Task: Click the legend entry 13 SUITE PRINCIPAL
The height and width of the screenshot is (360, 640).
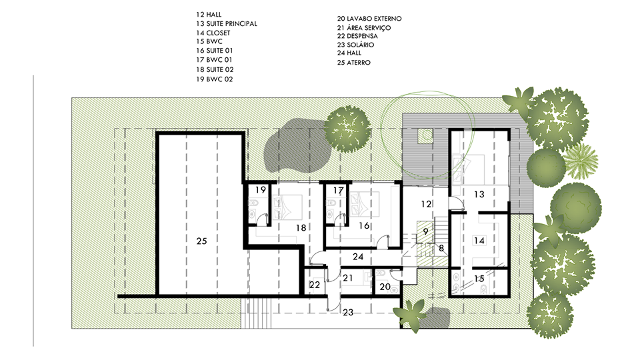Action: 227,24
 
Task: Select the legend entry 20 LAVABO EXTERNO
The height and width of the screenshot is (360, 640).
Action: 369,19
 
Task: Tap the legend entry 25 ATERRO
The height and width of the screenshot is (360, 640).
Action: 354,63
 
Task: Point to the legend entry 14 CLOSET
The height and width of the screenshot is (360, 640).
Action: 213,33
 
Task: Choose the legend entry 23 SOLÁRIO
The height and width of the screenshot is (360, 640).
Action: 355,45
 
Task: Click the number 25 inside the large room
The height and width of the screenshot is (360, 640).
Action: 201,241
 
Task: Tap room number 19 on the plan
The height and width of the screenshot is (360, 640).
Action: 261,190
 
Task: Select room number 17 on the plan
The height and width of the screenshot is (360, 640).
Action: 339,191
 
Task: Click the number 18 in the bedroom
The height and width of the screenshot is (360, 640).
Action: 301,228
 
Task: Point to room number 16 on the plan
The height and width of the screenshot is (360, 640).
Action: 364,226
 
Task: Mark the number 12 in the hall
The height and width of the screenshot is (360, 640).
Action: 426,204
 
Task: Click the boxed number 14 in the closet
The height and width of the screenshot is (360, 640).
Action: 479,241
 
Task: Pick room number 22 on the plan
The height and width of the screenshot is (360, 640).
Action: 315,285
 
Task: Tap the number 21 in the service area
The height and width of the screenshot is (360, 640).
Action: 348,278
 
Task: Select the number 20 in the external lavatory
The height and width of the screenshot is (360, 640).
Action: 385,287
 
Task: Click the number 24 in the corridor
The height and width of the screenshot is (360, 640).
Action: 358,257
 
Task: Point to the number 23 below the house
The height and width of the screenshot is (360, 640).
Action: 348,312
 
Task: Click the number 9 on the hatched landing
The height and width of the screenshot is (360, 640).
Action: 426,231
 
